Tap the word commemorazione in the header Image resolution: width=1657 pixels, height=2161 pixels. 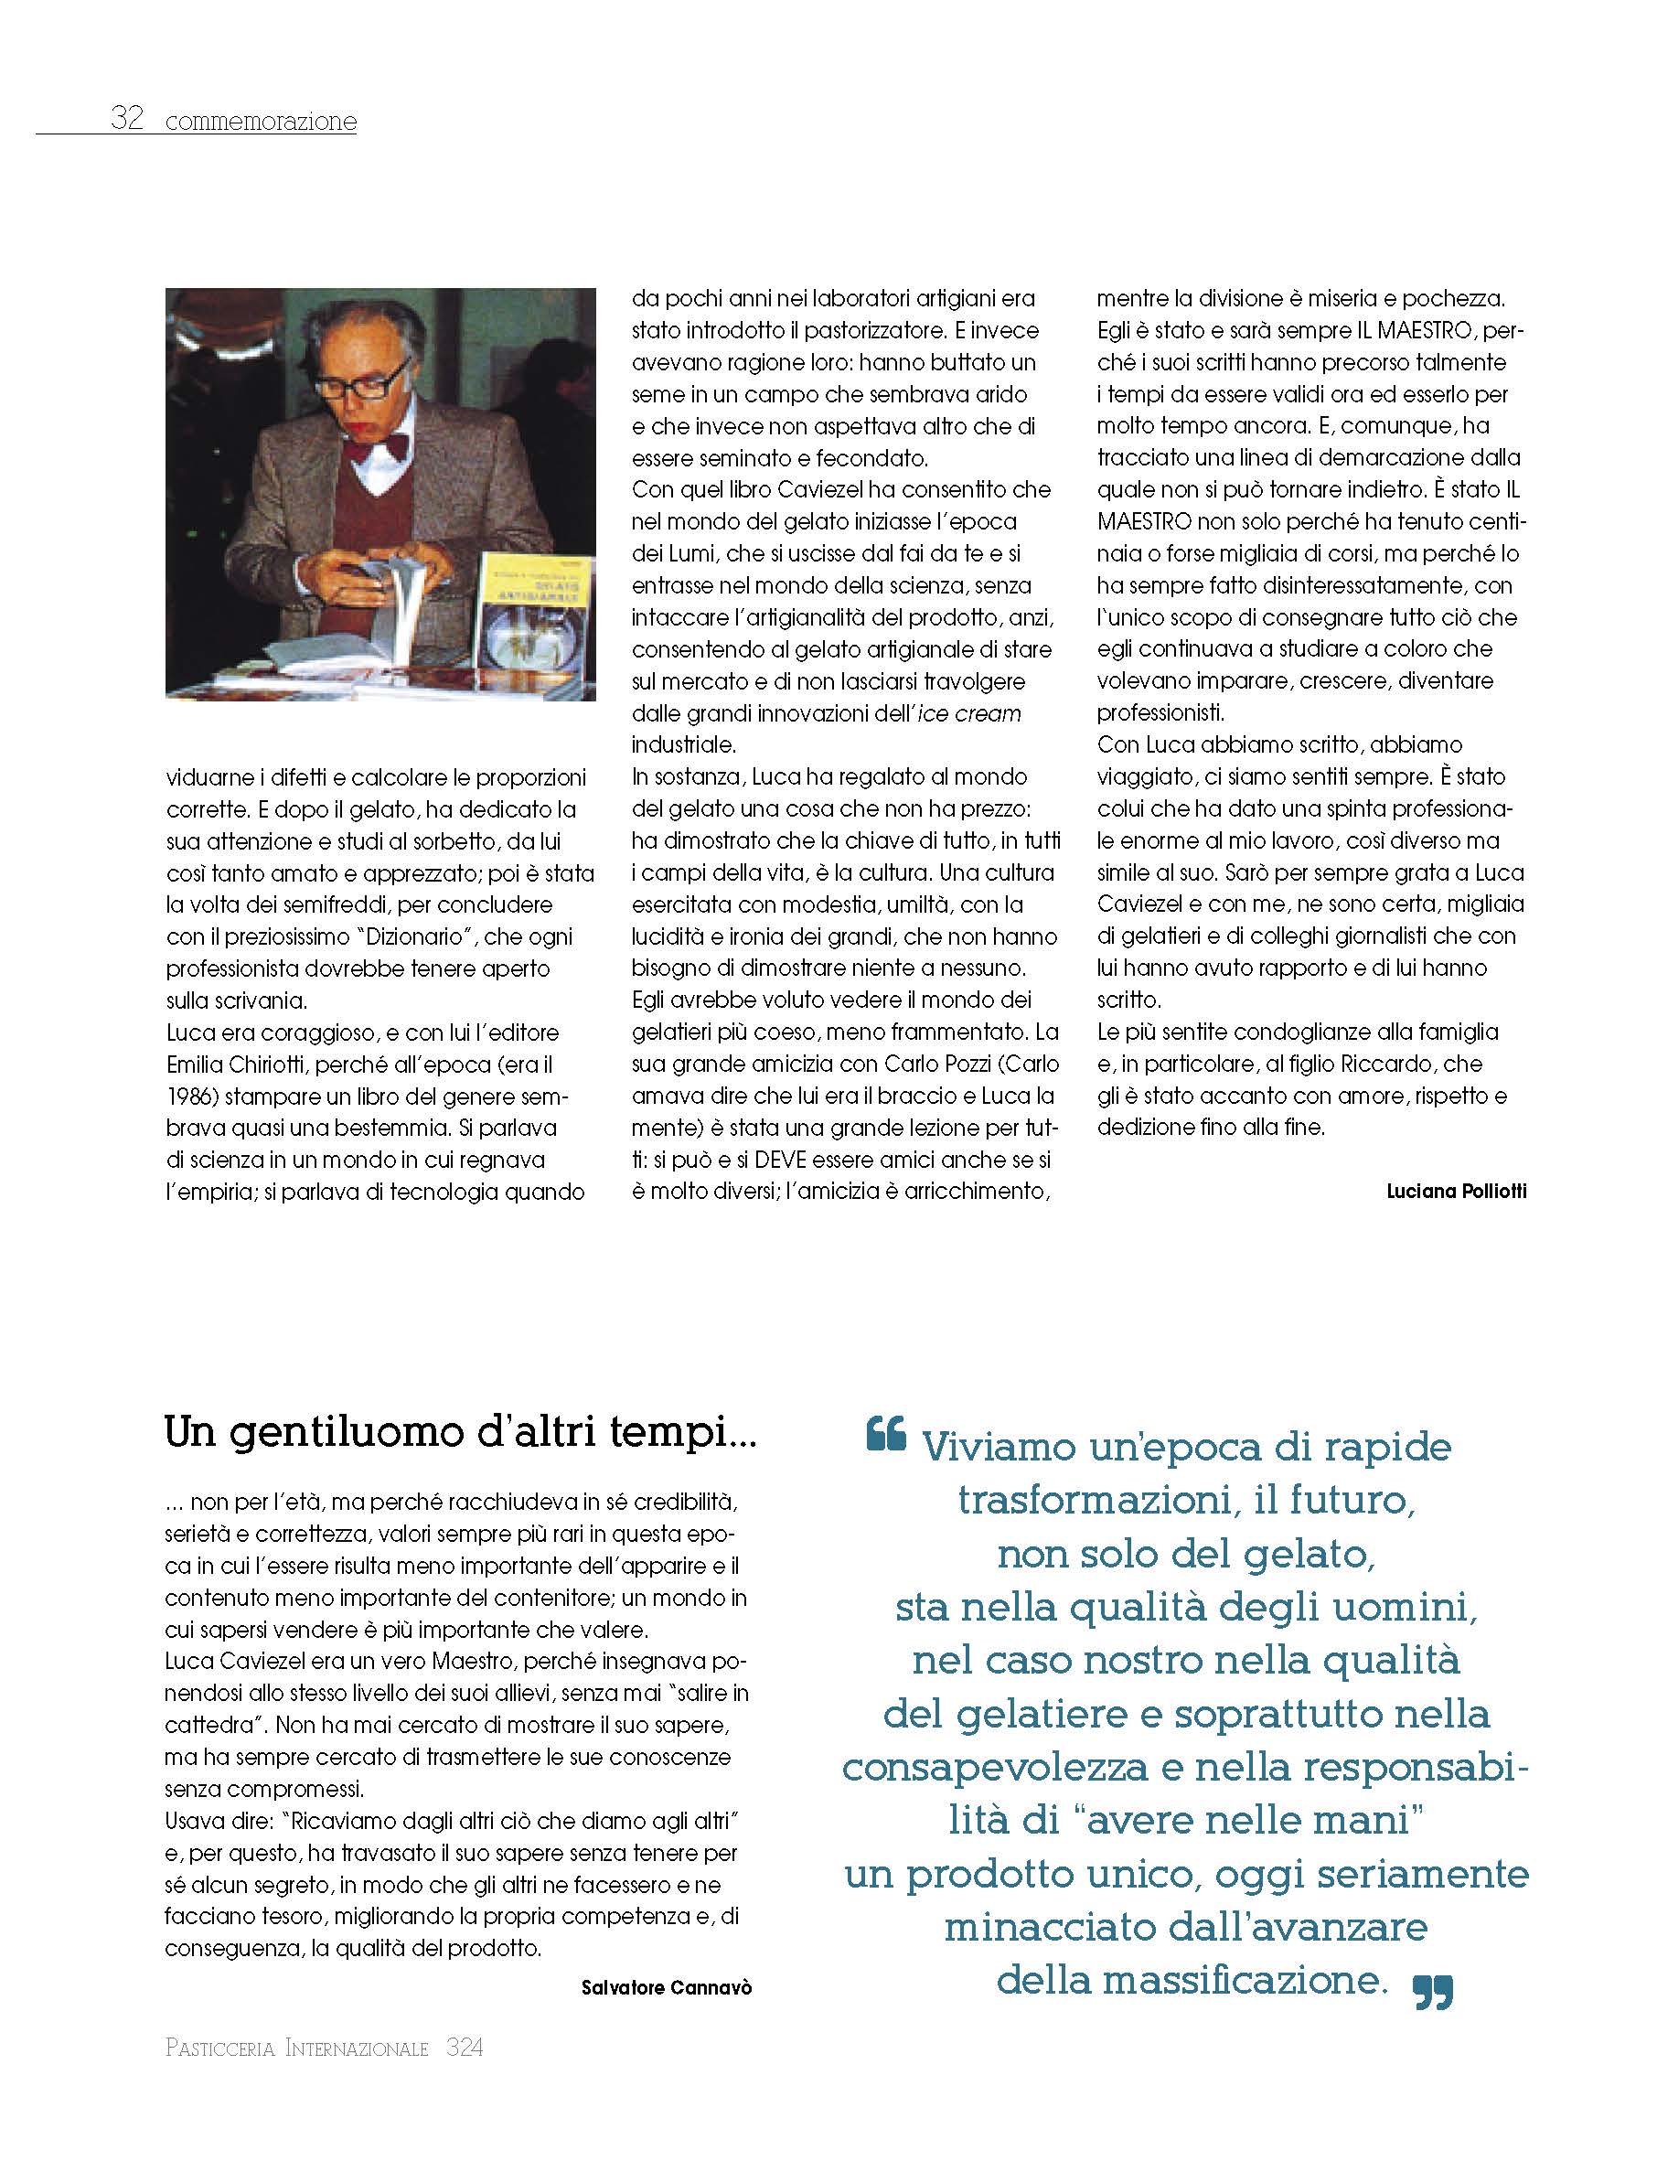pyautogui.click(x=262, y=123)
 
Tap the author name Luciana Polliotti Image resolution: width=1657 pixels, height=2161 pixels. pyautogui.click(x=1456, y=1192)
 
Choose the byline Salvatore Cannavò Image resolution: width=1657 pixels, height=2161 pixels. pyautogui.click(x=667, y=1987)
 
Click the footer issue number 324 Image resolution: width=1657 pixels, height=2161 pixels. pyautogui.click(x=465, y=2049)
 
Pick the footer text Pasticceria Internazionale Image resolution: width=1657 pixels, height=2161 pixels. pyautogui.click(x=297, y=2049)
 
